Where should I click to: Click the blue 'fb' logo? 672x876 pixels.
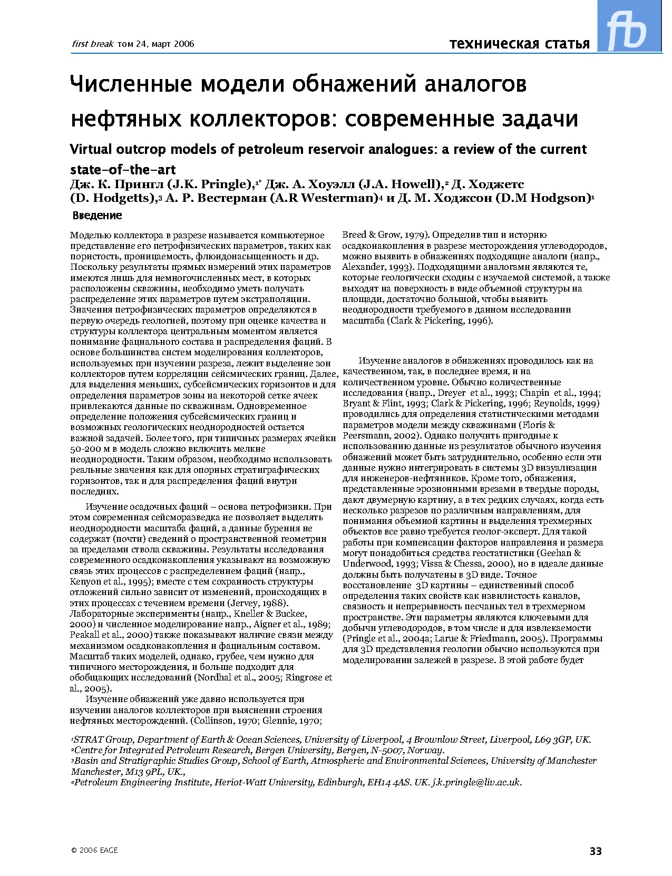tap(629, 26)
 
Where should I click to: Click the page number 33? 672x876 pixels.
tap(596, 851)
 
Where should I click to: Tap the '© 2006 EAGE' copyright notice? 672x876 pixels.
tap(94, 850)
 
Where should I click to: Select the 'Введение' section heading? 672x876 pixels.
tap(97, 215)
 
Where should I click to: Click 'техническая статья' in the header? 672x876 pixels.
tap(519, 43)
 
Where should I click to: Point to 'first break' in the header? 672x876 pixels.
tap(89, 44)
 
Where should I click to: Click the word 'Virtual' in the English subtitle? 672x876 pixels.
tap(91, 149)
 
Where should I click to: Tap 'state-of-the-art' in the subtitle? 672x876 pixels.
tap(123, 170)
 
